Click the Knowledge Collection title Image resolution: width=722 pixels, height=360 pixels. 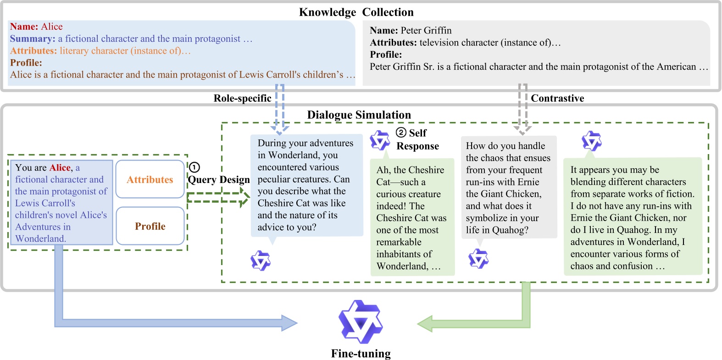tap(356, 12)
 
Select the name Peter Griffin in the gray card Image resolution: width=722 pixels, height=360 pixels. tap(426, 30)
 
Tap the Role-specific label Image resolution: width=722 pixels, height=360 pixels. tap(242, 98)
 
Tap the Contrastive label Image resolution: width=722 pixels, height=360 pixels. tap(557, 98)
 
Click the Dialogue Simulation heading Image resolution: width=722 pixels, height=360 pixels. tap(359, 115)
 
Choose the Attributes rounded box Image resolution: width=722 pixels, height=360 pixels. tap(150, 179)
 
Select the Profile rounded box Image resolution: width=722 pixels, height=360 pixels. tap(150, 226)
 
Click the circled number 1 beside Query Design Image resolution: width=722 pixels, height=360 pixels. tap(194, 167)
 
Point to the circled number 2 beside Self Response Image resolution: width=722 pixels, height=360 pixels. tap(401, 133)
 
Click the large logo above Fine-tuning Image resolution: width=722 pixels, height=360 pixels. tap(361, 322)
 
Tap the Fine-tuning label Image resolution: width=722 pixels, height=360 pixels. tap(361, 354)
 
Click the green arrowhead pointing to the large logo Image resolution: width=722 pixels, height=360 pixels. tap(425, 323)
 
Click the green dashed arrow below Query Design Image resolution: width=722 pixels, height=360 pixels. tap(218, 198)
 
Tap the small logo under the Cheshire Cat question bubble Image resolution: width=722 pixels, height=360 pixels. tap(261, 260)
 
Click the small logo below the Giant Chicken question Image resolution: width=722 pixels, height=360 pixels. tap(478, 259)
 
